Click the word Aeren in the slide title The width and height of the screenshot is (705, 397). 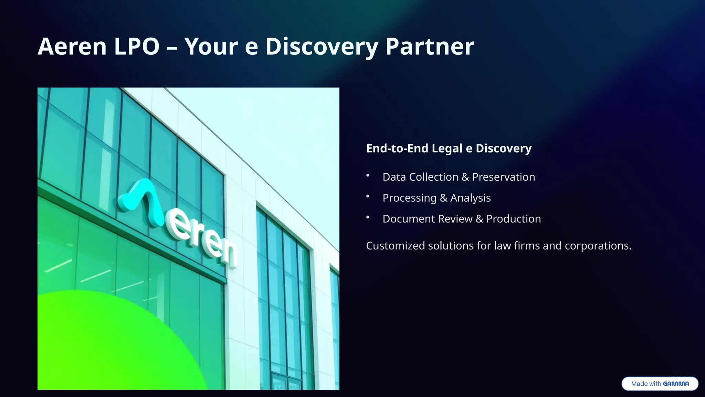pyautogui.click(x=72, y=46)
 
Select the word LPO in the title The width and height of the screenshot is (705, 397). pyautogui.click(x=137, y=46)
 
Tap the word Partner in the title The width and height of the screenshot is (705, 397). pyautogui.click(x=430, y=46)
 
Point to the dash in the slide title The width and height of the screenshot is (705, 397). pyautogui.click(x=172, y=48)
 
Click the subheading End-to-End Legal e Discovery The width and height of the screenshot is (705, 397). pyautogui.click(x=449, y=148)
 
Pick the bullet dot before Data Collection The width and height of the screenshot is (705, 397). pyautogui.click(x=368, y=175)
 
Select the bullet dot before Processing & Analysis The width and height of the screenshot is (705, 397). pyautogui.click(x=368, y=196)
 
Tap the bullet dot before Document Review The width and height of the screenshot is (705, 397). pyautogui.click(x=368, y=217)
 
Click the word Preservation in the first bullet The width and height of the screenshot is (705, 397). pyautogui.click(x=503, y=177)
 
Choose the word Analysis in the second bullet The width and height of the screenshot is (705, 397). pyautogui.click(x=470, y=198)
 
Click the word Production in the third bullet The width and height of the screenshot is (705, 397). pyautogui.click(x=513, y=219)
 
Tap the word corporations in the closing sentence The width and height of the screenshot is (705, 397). pyautogui.click(x=597, y=246)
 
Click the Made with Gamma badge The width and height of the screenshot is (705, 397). pyautogui.click(x=660, y=384)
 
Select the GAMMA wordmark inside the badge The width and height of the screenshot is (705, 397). pyautogui.click(x=676, y=384)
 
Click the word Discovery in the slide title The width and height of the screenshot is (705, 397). pyautogui.click(x=322, y=46)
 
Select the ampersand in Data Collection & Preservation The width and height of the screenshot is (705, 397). pyautogui.click(x=465, y=177)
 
